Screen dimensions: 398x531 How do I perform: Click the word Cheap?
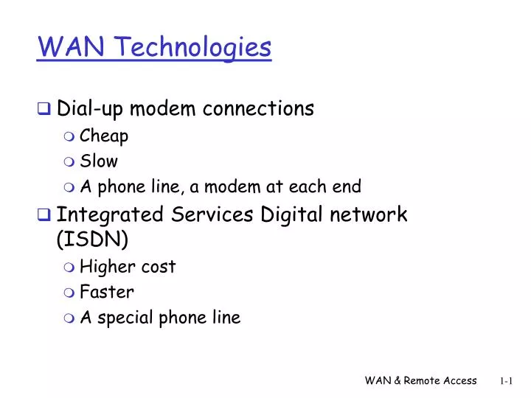(104, 136)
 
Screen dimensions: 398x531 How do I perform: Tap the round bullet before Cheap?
(69, 136)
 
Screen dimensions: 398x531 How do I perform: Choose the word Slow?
(98, 161)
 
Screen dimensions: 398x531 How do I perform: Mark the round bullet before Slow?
(69, 161)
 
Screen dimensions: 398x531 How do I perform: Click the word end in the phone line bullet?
(347, 186)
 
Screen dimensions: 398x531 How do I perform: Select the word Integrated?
(111, 215)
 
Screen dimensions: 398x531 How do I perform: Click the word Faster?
(106, 292)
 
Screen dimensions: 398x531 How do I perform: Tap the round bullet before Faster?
(69, 293)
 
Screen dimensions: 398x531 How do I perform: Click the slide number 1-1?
(506, 380)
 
